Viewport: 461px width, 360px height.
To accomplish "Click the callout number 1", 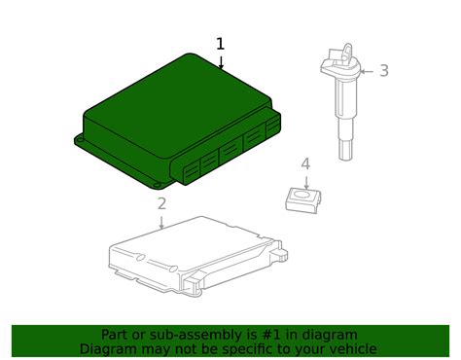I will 221,44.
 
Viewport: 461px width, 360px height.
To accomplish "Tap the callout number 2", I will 161,203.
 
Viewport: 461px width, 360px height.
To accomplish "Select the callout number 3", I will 384,70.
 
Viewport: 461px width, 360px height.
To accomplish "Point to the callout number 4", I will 305,163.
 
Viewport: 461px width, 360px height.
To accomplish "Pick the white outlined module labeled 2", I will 195,255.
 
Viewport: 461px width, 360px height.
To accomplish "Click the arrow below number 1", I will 221,61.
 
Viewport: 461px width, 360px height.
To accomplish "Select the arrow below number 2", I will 161,221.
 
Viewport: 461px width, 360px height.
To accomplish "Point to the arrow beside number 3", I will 367,70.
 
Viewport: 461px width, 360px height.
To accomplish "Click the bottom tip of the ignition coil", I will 344,153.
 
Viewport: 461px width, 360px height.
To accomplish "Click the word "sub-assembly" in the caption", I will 192,335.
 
